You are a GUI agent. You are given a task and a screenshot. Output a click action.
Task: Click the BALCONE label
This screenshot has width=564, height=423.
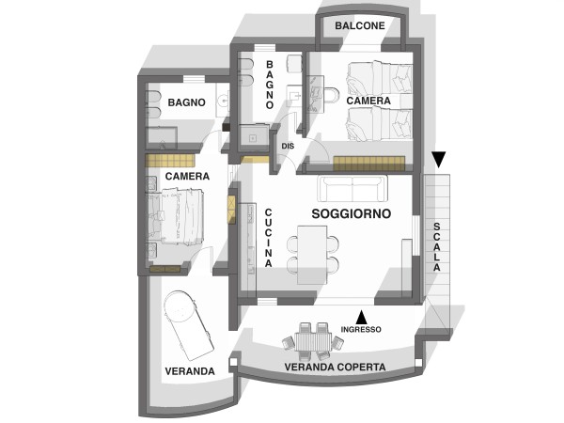tap(360, 25)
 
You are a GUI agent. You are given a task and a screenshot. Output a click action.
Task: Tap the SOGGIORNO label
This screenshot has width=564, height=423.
tap(351, 213)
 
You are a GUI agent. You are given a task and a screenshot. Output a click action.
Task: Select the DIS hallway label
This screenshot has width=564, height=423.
tap(288, 146)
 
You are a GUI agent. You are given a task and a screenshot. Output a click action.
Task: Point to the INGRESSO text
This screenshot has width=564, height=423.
tap(361, 329)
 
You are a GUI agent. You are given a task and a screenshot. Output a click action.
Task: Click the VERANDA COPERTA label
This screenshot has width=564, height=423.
tap(335, 367)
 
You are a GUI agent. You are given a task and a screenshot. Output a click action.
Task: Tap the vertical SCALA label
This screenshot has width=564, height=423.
tap(437, 246)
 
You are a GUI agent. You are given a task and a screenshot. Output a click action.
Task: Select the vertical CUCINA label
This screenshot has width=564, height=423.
tap(268, 238)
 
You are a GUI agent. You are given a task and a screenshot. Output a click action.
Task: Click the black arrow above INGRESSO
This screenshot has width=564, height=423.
tap(362, 317)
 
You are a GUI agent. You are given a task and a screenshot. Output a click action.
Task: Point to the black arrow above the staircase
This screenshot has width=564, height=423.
tap(439, 160)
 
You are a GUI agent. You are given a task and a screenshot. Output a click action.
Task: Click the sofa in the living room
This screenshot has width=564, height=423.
tap(352, 189)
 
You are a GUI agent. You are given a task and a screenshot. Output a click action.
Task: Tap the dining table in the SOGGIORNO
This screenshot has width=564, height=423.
tap(312, 255)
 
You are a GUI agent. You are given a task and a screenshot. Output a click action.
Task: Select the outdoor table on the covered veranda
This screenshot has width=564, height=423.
tap(313, 341)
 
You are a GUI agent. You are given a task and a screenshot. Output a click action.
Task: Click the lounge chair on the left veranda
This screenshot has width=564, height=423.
tap(189, 325)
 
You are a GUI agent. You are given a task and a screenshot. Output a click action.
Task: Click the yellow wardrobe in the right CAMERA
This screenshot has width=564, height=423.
tap(369, 164)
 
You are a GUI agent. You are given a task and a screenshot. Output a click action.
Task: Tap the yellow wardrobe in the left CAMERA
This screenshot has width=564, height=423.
tap(170, 161)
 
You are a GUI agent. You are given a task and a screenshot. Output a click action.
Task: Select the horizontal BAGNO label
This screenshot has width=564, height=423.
tap(186, 102)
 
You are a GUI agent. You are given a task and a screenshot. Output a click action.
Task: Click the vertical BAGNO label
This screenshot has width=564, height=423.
tap(270, 85)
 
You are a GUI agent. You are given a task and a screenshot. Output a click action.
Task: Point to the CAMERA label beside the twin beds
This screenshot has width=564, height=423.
tap(368, 101)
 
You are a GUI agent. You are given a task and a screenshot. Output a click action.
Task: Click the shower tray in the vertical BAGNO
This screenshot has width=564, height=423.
tap(254, 138)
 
